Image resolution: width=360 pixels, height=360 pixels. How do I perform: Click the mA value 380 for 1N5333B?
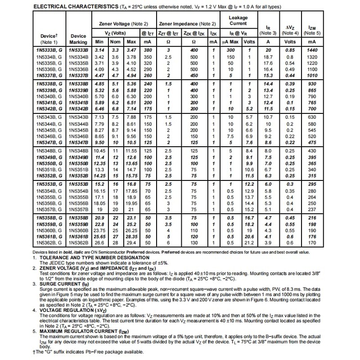(147, 50)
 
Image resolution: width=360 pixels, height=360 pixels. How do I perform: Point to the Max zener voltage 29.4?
(131, 243)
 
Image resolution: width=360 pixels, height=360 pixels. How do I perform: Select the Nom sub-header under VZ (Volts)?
(115, 42)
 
